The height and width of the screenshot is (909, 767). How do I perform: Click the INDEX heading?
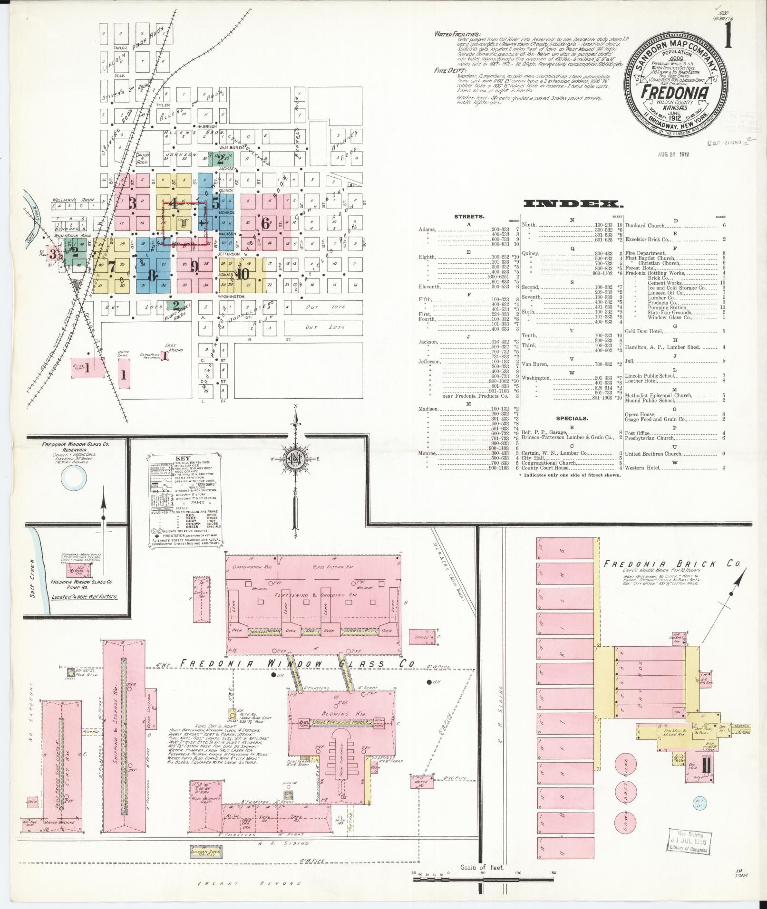573,204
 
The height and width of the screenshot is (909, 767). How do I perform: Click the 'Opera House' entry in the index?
640,414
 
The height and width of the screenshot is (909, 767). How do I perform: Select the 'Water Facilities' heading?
457,34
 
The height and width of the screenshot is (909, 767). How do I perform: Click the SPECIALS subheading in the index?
572,419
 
